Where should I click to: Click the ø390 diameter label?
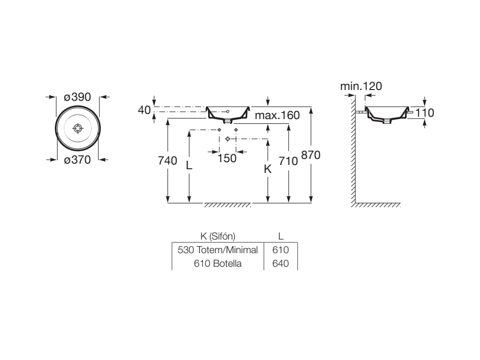(77, 97)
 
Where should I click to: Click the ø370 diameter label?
(77, 160)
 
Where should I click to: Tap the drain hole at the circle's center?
(78, 128)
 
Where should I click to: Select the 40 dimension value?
(144, 110)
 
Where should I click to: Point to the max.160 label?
(277, 115)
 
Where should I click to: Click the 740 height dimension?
(168, 161)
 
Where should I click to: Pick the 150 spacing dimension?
(227, 158)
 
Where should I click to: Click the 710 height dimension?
(288, 161)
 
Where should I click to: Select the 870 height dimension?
(310, 155)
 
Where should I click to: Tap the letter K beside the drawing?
(268, 169)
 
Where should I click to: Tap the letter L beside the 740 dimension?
(189, 165)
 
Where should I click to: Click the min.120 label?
(361, 86)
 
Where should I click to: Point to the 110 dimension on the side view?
(425, 112)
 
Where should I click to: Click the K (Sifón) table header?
(217, 236)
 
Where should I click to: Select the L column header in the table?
(281, 236)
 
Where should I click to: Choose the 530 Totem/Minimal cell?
(217, 250)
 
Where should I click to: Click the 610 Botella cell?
(217, 263)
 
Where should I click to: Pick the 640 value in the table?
(281, 263)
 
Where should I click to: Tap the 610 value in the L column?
(281, 250)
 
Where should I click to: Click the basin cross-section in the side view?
(387, 115)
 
